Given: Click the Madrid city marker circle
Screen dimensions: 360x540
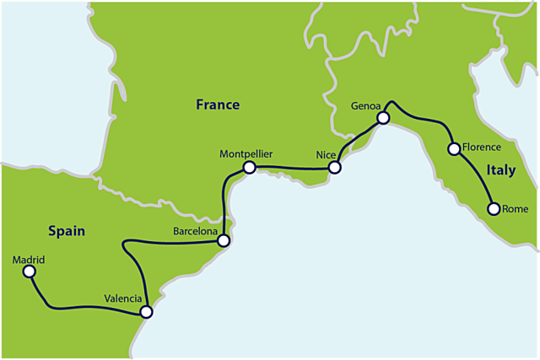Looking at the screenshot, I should coord(30,271).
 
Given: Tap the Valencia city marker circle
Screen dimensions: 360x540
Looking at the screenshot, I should coord(147,312).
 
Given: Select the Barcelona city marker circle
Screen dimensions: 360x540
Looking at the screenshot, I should coord(224,241).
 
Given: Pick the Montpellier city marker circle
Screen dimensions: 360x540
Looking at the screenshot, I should coord(249,168).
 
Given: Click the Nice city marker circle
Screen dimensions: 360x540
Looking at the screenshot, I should coord(334,168).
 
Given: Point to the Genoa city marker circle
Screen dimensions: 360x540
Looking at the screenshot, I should coord(382,118).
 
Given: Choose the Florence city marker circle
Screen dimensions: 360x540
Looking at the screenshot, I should coord(454,149).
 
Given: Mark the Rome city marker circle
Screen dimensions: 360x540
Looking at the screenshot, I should coord(494,209).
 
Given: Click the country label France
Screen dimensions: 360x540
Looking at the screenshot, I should coord(218,105).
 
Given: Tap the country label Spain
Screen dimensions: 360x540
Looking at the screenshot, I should coord(66,230).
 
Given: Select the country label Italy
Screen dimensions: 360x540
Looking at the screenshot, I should coord(501,170).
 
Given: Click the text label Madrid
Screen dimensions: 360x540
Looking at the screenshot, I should coord(29,259).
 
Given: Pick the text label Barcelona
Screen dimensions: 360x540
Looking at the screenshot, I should coord(196,229).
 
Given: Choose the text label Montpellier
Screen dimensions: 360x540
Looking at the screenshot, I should coord(246,154).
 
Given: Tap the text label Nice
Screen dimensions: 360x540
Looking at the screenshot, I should coord(326,155).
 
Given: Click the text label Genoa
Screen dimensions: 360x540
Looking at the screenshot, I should coord(368,105).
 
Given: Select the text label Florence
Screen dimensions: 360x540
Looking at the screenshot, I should coord(482,147).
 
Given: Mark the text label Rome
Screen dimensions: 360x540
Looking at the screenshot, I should coord(514,209).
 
